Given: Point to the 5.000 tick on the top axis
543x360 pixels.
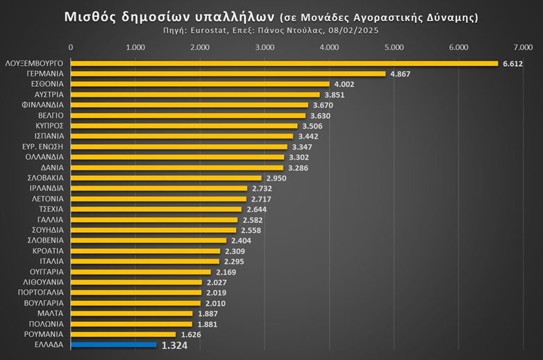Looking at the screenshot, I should click(394, 47).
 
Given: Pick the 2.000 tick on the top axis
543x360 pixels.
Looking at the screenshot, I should click(200, 47).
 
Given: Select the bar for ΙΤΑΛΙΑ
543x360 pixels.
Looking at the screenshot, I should click(145, 261).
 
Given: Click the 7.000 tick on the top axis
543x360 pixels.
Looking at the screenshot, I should click(523, 47).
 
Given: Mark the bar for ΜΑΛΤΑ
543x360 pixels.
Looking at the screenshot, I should click(132, 313).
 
